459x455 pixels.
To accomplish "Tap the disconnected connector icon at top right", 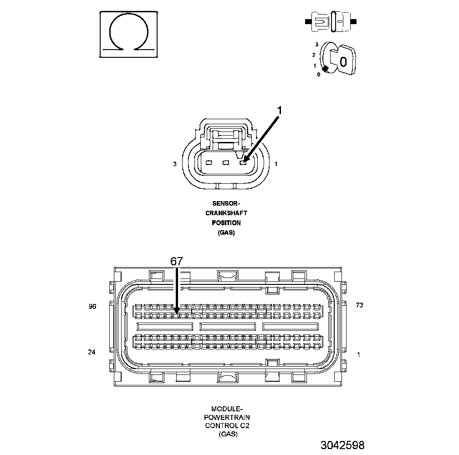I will (x=330, y=21).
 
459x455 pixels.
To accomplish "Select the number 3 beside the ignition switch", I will (x=316, y=45).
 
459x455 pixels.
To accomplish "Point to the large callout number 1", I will (x=280, y=111).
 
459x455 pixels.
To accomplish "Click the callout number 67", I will (x=177, y=261).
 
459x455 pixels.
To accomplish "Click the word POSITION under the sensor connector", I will (x=226, y=223).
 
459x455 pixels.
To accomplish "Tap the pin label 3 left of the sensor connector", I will (x=175, y=164).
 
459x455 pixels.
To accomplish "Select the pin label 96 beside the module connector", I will (x=92, y=307).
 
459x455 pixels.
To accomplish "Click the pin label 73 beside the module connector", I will (x=359, y=305).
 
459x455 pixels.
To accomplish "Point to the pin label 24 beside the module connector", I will (x=92, y=352).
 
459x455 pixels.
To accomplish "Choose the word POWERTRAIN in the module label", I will (x=227, y=417).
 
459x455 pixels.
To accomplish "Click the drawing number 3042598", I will (x=342, y=445).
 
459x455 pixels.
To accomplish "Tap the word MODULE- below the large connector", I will (x=227, y=409).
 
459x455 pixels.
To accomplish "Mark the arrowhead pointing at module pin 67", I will (x=177, y=309).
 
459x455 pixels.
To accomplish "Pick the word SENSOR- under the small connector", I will (x=226, y=203).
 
